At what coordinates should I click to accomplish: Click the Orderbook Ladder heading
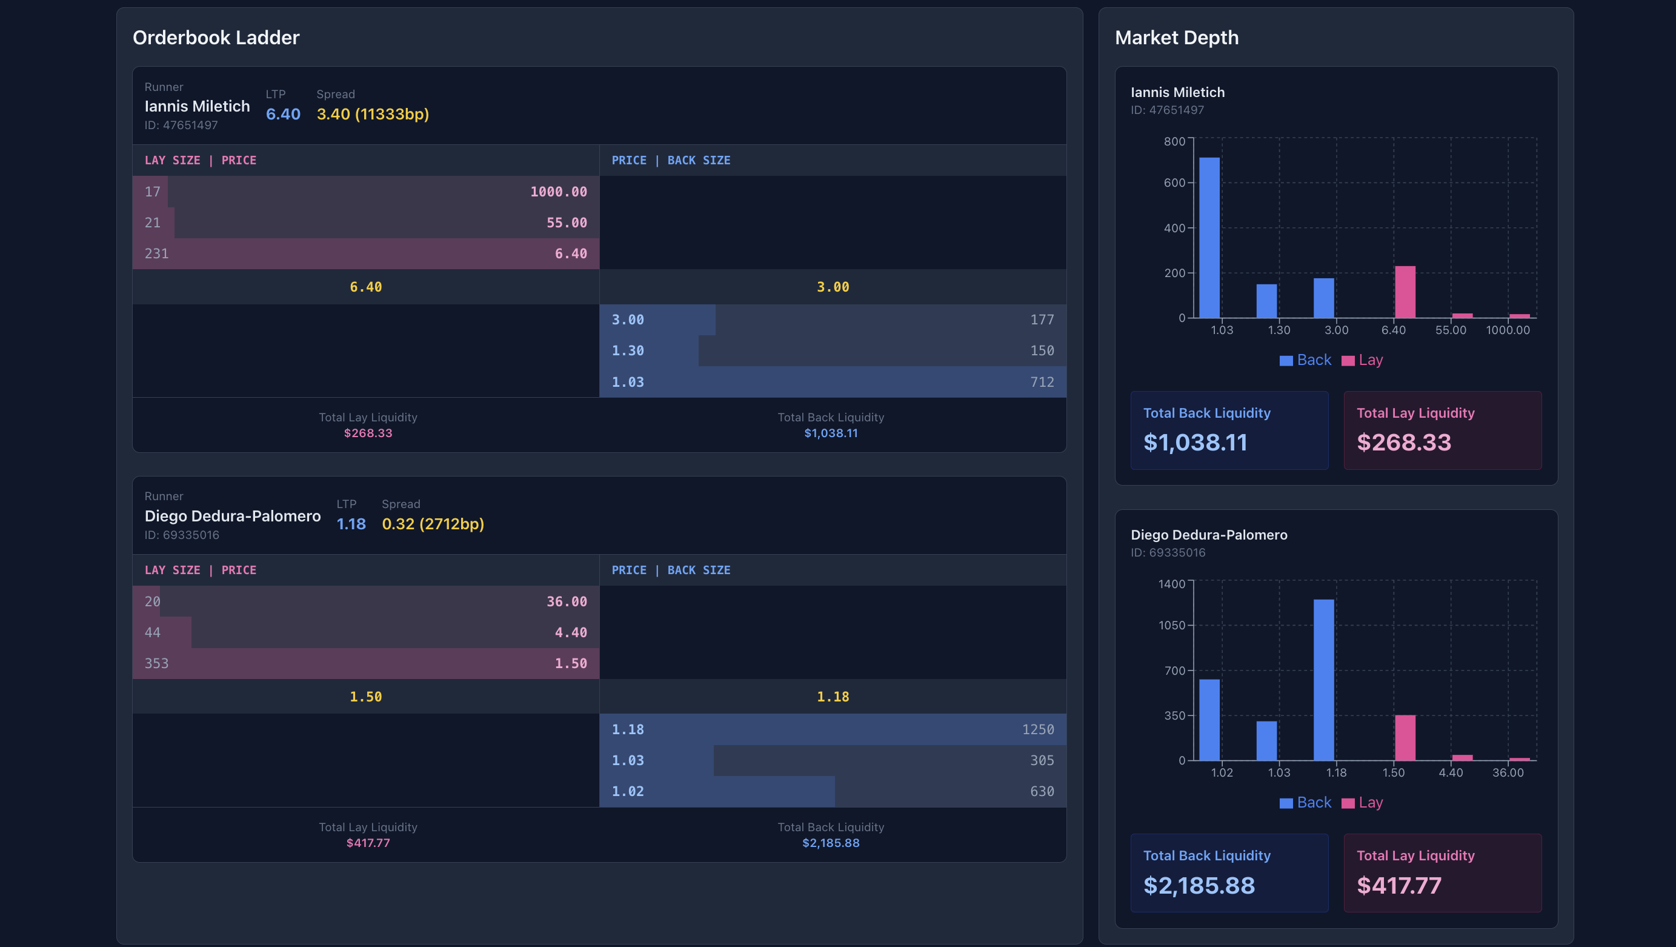[x=215, y=38]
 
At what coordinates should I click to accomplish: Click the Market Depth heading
[x=1176, y=38]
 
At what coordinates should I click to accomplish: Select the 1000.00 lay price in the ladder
[x=558, y=192]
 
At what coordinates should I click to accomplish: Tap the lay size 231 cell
[x=156, y=253]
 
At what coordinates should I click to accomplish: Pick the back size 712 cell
[x=1042, y=382]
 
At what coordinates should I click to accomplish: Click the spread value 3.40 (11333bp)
[x=372, y=114]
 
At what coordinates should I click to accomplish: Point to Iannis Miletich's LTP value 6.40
[x=283, y=114]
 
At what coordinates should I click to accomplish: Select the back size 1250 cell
[x=1038, y=729]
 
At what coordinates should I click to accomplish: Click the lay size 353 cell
[x=156, y=663]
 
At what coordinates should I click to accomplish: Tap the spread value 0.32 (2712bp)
[x=433, y=524]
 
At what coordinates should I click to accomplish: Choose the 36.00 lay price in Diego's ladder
[x=566, y=601]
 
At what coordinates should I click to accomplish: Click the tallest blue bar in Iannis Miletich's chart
[x=1209, y=238]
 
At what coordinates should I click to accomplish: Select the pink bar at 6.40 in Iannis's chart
[x=1405, y=292]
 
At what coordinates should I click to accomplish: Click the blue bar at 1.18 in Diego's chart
[x=1323, y=680]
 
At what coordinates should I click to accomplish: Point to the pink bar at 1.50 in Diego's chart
[x=1405, y=737]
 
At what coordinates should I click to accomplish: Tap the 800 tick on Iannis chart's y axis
[x=1174, y=141]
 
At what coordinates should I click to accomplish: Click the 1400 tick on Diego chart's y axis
[x=1172, y=584]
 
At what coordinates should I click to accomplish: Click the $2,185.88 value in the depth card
[x=1199, y=885]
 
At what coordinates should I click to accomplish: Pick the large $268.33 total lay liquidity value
[x=1403, y=443]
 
